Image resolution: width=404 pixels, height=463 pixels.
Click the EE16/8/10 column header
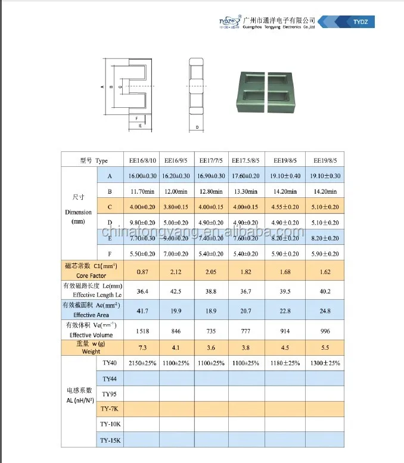coord(142,160)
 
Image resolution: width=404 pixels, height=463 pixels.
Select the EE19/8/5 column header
coord(325,160)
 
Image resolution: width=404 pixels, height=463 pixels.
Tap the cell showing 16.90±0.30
coord(212,176)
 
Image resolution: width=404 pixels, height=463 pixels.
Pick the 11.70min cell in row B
coord(142,191)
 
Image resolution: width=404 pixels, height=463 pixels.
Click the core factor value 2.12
coord(176,272)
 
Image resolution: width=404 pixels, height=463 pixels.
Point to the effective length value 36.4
coord(142,291)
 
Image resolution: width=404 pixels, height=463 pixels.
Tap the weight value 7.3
coord(142,347)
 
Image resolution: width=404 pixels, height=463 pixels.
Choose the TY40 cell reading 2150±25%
coord(142,363)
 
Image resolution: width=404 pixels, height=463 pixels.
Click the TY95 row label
coord(109,394)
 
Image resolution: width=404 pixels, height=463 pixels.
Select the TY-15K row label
coord(110,440)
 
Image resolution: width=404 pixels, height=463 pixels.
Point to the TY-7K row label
coord(110,409)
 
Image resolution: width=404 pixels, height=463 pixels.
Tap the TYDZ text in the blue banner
coord(361,21)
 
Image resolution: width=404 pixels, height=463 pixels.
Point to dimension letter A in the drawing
coord(102,87)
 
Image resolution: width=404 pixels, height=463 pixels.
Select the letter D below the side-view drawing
coord(197,127)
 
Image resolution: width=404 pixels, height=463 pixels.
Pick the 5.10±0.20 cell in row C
coord(325,207)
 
